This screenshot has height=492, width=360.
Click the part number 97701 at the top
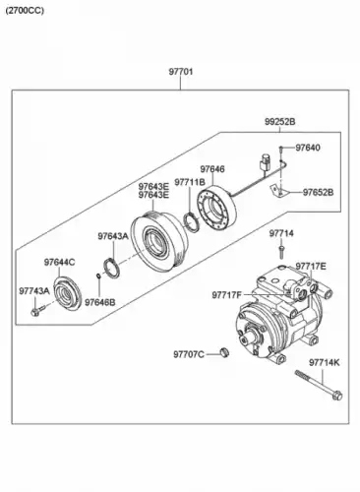coord(181,72)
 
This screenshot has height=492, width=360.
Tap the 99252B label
coord(280,122)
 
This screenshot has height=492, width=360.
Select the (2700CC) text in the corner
coord(25,11)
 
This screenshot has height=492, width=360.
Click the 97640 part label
coord(308,148)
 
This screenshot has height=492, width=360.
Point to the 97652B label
coord(318,192)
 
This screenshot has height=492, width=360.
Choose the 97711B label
coord(190,182)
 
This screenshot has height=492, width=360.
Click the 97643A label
coord(113,236)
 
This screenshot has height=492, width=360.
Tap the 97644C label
coord(59,263)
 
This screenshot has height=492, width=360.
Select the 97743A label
coord(34,290)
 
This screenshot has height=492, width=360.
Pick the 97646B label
coord(100,302)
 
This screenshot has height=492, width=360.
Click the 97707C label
coord(189,354)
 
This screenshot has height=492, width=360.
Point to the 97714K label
coord(325,363)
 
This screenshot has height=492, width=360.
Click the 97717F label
coord(226,295)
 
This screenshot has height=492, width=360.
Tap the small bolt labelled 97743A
coord(37,310)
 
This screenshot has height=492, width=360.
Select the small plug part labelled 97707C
coord(224,352)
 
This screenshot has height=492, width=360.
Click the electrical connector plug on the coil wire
coord(265,162)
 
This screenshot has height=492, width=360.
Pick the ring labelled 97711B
coord(192,222)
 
